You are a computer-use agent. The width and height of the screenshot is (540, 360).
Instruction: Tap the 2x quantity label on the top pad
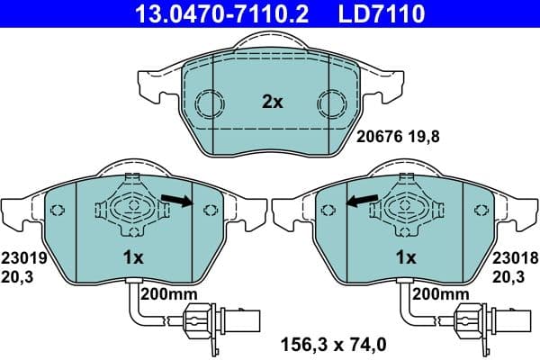click(x=272, y=103)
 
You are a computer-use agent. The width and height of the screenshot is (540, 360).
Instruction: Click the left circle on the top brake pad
click(x=209, y=103)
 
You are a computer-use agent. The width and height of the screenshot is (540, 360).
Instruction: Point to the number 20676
click(x=379, y=139)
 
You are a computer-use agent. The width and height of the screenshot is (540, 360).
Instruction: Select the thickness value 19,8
click(x=422, y=139)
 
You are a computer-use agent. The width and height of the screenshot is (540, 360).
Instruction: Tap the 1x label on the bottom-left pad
click(x=133, y=257)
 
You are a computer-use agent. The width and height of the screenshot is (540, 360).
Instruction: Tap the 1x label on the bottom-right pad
click(x=406, y=257)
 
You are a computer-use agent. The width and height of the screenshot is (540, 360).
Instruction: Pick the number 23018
click(x=515, y=256)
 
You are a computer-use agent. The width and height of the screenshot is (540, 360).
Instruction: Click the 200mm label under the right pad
click(x=439, y=294)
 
